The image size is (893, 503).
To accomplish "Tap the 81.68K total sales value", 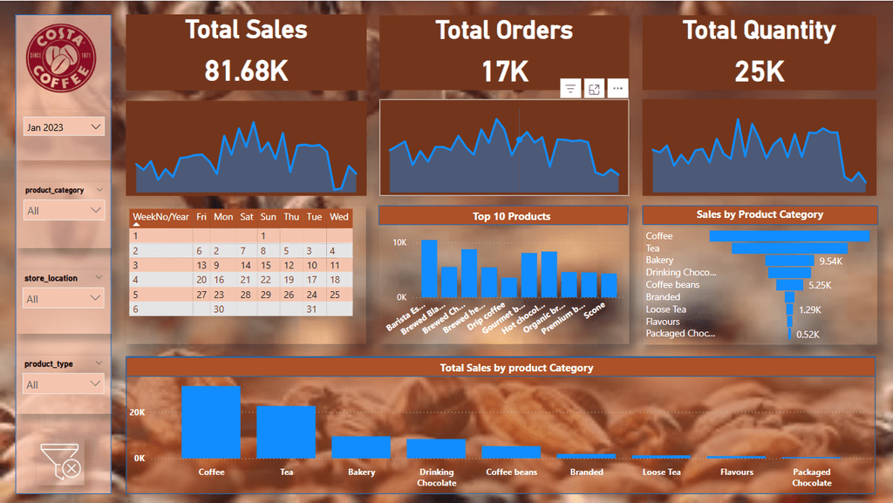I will (247, 71).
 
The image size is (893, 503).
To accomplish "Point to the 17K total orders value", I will (505, 71).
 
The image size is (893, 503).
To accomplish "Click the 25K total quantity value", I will (760, 71).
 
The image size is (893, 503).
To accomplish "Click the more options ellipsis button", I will (617, 89).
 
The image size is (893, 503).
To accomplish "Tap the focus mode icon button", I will (594, 89).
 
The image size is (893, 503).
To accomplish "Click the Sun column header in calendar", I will (269, 217).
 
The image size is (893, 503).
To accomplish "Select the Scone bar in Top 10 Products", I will (609, 285).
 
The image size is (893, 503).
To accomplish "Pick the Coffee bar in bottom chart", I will (211, 422).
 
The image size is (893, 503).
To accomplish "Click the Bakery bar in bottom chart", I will (361, 446).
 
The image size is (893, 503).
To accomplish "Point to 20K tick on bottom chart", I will (138, 412).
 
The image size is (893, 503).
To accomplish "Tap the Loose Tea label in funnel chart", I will (666, 309).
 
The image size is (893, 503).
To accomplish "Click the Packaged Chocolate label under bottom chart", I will (811, 477).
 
